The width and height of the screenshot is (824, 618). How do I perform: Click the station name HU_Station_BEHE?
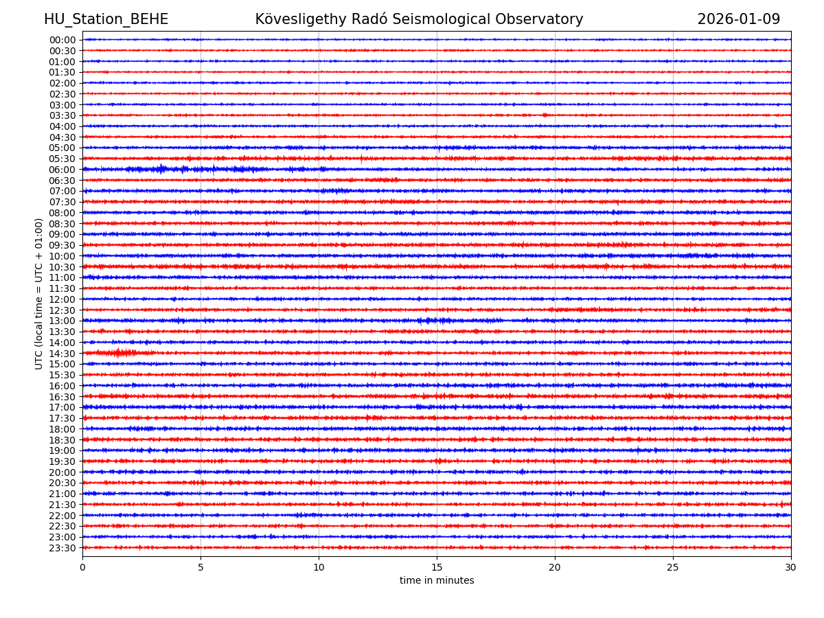point(106,19)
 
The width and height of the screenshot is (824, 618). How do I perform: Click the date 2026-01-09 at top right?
point(738,19)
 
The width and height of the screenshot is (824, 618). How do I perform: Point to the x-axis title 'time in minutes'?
point(437,580)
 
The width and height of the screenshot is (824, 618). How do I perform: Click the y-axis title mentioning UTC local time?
point(39,293)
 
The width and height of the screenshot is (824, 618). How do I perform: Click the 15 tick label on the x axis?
point(437,567)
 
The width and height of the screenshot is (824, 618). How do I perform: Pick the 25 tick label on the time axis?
point(673,567)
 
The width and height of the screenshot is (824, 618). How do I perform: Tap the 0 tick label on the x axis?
point(82,567)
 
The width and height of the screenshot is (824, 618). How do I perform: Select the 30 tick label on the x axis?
point(791,567)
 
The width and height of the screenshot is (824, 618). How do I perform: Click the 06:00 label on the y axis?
point(62,170)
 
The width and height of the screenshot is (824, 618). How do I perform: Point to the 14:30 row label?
point(62,354)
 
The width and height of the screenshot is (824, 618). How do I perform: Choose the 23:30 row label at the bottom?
point(62,548)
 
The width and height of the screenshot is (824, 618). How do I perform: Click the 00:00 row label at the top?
point(62,40)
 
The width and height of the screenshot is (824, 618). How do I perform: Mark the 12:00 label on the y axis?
point(62,299)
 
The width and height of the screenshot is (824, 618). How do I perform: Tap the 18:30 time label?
point(62,440)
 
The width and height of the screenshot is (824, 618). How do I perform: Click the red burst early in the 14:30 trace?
point(121,353)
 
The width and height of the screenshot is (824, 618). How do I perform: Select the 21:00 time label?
point(62,494)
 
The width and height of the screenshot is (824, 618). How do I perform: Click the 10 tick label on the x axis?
point(319,567)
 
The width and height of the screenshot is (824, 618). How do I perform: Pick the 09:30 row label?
point(62,245)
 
